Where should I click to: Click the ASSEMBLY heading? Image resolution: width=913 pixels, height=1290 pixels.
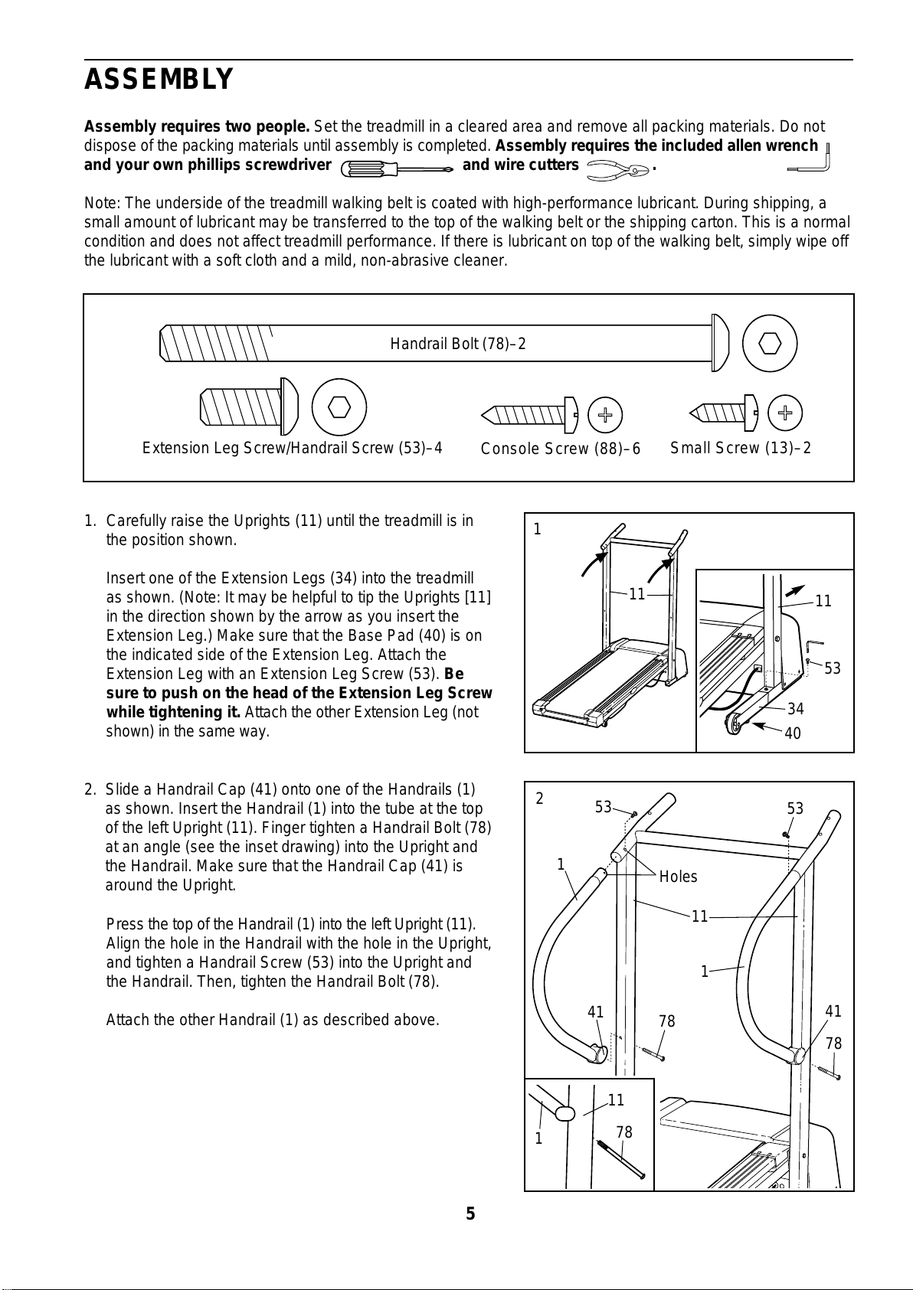pos(159,80)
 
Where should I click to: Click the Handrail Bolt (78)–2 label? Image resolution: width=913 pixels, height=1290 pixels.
pos(458,344)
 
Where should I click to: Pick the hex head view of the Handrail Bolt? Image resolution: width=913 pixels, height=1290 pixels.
pos(769,343)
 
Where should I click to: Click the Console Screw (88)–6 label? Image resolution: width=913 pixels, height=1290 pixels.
pos(560,449)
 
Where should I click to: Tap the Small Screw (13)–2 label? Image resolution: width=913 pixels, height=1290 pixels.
pos(740,448)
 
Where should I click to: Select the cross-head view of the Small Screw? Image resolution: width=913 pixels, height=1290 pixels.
pos(784,413)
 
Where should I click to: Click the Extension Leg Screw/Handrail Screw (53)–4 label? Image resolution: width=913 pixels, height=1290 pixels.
pos(293,448)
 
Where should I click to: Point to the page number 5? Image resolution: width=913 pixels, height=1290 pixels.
pos(470,1213)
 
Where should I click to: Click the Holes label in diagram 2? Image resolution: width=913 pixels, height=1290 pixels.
pos(678,877)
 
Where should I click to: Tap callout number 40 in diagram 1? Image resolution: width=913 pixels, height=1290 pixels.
pos(793,733)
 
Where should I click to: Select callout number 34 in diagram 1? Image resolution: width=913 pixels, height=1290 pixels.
pos(795,709)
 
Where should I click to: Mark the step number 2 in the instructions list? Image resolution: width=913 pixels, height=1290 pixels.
pos(90,789)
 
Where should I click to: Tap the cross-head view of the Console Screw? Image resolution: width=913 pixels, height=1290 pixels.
pos(605,416)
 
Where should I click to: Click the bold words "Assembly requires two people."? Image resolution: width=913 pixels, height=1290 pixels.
pos(197,126)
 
